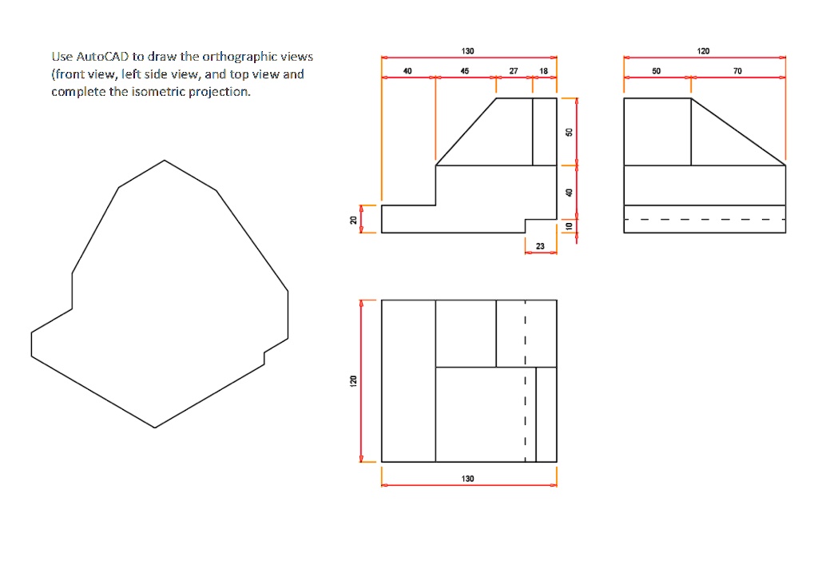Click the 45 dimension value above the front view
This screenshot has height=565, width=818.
click(465, 71)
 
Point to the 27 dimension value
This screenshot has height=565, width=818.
click(514, 71)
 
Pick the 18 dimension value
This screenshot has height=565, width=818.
click(543, 71)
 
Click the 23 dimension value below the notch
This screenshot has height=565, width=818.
click(540, 246)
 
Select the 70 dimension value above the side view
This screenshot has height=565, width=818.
click(737, 71)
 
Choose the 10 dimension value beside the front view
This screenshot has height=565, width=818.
click(569, 226)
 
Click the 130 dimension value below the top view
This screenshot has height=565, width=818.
click(467, 478)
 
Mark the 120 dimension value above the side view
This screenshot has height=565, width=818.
click(703, 51)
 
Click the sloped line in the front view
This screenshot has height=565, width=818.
click(466, 132)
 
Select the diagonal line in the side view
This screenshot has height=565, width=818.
click(738, 132)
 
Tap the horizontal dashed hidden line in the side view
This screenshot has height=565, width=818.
click(704, 219)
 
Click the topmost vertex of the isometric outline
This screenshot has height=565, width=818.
click(165, 160)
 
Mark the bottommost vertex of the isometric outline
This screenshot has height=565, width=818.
click(154, 428)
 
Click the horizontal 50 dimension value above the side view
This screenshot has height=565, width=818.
click(656, 71)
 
